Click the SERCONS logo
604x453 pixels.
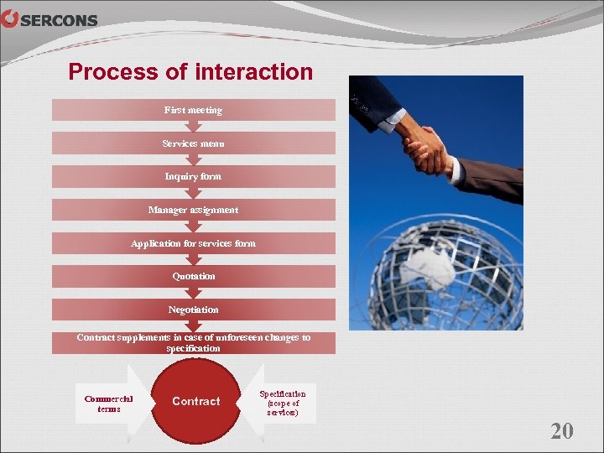pyautogui.click(x=49, y=20)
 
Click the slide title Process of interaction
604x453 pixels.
pyautogui.click(x=190, y=72)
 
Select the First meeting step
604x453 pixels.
pyautogui.click(x=194, y=110)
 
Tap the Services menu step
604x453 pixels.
pyautogui.click(x=194, y=143)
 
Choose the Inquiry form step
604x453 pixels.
pyautogui.click(x=194, y=177)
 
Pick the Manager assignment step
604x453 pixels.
pyautogui.click(x=194, y=210)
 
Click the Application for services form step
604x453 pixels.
pyautogui.click(x=194, y=243)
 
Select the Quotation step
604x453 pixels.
pyautogui.click(x=194, y=276)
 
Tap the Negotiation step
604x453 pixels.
pyautogui.click(x=194, y=310)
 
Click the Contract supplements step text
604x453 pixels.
pyautogui.click(x=194, y=342)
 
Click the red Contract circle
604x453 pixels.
pyautogui.click(x=196, y=401)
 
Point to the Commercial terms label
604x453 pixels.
pyautogui.click(x=109, y=404)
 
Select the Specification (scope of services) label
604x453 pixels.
pyautogui.click(x=283, y=403)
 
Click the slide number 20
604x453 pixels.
pyautogui.click(x=561, y=431)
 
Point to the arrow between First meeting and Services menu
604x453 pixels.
pyautogui.click(x=194, y=127)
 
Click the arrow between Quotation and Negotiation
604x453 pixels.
pyautogui.click(x=194, y=293)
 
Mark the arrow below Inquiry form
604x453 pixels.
pyautogui.click(x=194, y=193)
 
